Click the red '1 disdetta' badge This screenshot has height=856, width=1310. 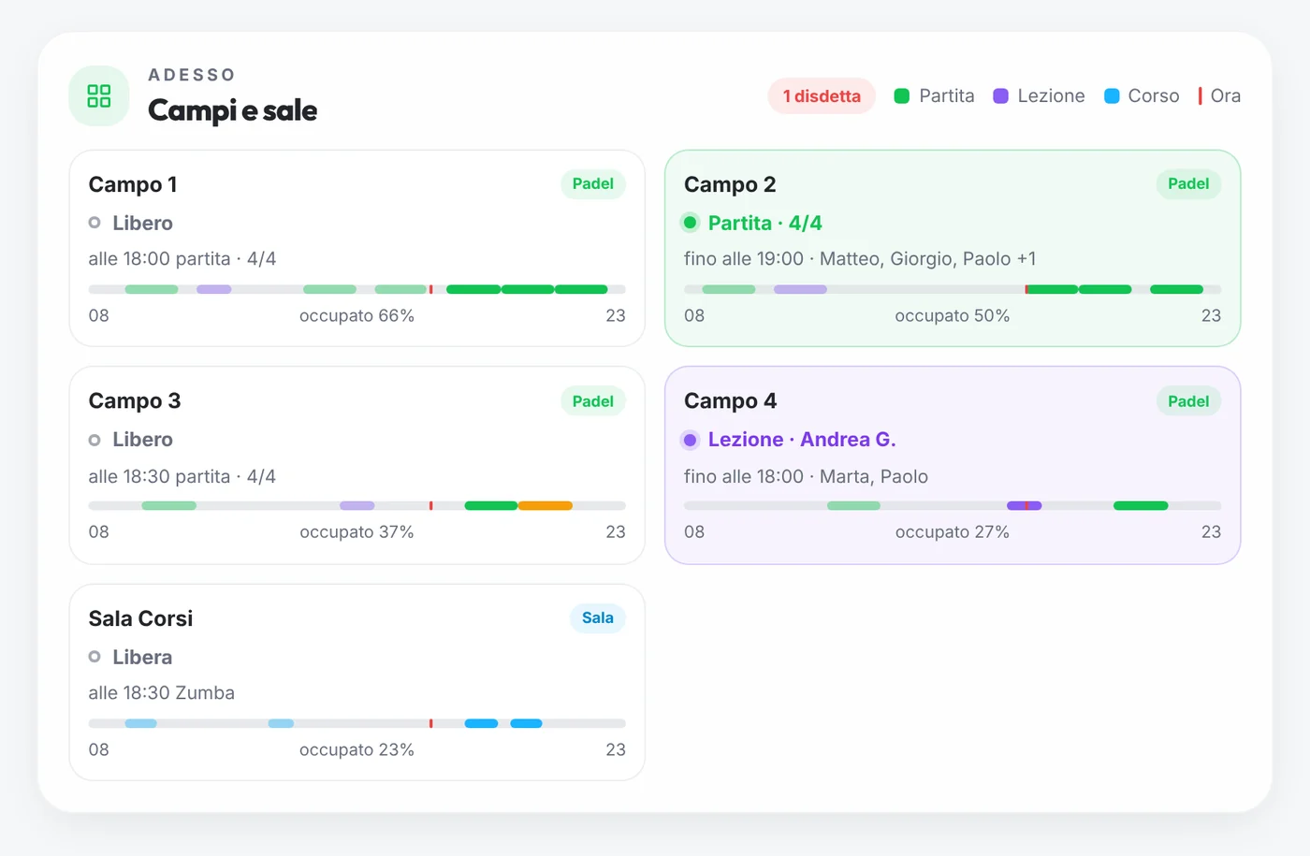click(822, 95)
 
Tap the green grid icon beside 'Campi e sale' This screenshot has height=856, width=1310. click(99, 95)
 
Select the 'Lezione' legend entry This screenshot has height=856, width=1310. click(1039, 95)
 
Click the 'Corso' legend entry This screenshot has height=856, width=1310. click(1141, 95)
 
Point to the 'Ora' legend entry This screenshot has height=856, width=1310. click(1218, 95)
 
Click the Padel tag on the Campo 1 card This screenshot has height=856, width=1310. click(593, 183)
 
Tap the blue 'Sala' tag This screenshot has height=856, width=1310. click(598, 617)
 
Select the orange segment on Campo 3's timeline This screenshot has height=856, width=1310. click(545, 506)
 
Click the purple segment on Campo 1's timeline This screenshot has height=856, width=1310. click(214, 289)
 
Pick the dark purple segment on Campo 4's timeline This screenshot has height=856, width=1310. click(1024, 506)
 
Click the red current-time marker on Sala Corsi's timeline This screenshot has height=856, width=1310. click(431, 723)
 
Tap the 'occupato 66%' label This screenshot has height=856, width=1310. click(357, 316)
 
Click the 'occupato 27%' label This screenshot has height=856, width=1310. click(953, 532)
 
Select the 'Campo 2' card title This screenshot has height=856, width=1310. click(730, 184)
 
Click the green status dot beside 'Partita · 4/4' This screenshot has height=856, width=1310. click(691, 223)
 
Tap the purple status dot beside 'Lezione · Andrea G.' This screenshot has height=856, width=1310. click(691, 440)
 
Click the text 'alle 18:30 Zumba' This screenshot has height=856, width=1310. click(161, 693)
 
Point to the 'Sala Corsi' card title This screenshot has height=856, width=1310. click(140, 618)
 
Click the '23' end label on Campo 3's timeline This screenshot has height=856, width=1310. click(616, 532)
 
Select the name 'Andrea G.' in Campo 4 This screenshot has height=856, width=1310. click(848, 439)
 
